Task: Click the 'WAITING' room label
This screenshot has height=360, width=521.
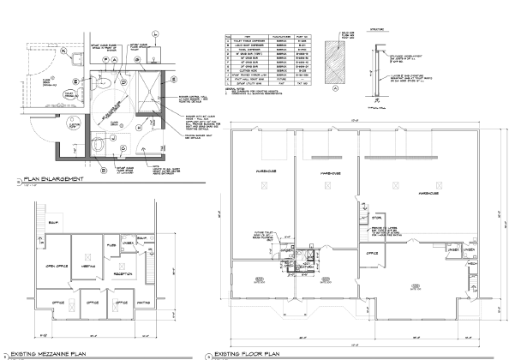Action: click(x=144, y=303)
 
